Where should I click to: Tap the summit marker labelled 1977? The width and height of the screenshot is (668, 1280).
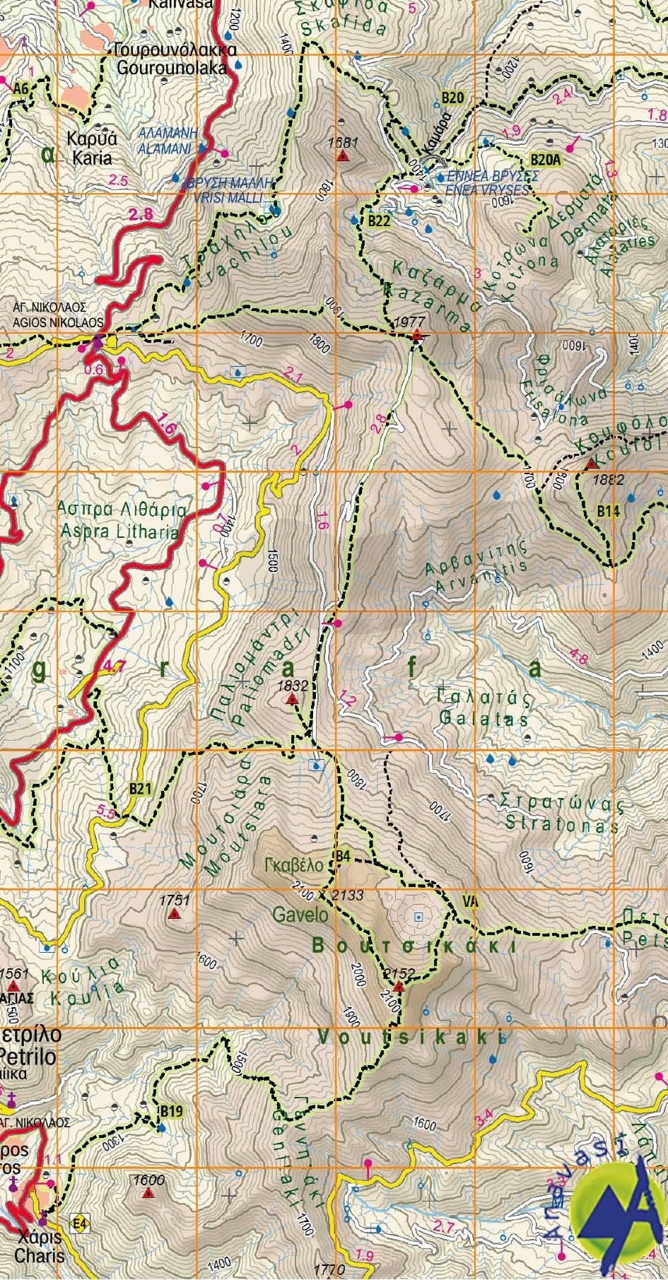coord(418,335)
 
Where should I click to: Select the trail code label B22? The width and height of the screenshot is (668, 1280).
coord(379,221)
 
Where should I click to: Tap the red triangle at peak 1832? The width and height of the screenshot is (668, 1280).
coord(291,700)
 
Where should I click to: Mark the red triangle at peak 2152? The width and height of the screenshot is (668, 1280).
coord(398,987)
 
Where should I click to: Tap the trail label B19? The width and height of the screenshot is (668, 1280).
coord(170,1112)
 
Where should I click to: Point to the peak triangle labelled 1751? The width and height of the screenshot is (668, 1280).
coord(174,914)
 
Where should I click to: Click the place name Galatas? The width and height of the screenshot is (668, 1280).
coord(483,720)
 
